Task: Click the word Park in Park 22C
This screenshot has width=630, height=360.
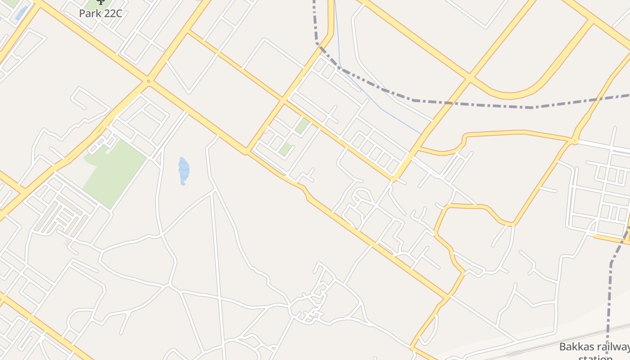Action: (x=89, y=13)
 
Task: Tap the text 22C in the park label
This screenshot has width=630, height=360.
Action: (x=111, y=13)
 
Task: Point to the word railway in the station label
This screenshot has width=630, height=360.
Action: (x=613, y=347)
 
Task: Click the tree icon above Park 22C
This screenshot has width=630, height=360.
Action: (x=100, y=2)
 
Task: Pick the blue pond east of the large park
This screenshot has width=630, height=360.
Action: (x=184, y=171)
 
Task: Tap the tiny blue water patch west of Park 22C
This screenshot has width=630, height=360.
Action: (x=20, y=13)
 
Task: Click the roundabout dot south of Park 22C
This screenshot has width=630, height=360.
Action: (x=148, y=81)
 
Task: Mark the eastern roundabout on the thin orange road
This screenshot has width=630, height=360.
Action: (x=574, y=141)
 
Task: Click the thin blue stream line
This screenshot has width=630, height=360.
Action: (x=382, y=109)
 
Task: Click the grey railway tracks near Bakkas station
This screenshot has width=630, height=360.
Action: (x=540, y=346)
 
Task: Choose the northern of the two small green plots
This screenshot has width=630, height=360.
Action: (x=302, y=126)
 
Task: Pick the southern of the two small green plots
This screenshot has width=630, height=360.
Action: (x=284, y=149)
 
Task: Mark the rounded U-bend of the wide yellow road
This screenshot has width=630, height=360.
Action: (x=508, y=95)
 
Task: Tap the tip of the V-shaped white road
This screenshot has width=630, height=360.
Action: (x=189, y=93)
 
